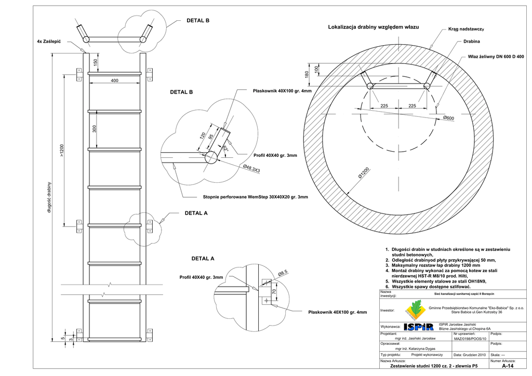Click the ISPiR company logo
point(418,326)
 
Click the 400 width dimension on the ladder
point(114,80)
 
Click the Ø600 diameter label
point(448,118)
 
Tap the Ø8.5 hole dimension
point(283,272)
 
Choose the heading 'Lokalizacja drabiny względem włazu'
point(374,26)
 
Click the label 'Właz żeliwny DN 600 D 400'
point(496,56)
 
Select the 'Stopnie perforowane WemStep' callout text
point(255,197)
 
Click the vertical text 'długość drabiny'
point(50,197)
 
